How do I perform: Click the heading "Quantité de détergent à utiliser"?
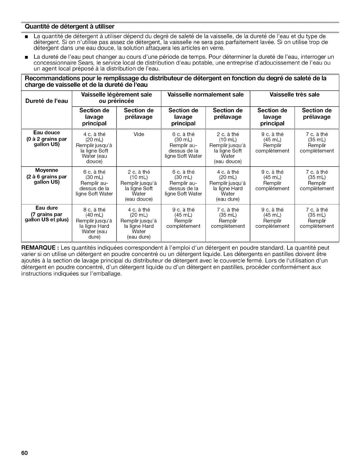click(69, 26)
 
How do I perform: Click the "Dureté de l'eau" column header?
click(46, 101)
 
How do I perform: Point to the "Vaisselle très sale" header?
click(294, 94)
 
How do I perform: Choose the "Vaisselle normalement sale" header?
click(205, 94)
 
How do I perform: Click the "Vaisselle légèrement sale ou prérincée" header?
click(116, 98)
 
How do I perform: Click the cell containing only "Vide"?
click(139, 134)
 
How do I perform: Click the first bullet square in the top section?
click(26, 37)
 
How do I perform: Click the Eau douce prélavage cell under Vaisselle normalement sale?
click(228, 148)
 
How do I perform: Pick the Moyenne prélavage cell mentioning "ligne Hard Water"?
click(228, 185)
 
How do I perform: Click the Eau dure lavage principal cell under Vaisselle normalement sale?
click(183, 218)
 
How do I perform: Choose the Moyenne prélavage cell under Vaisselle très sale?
click(316, 180)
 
